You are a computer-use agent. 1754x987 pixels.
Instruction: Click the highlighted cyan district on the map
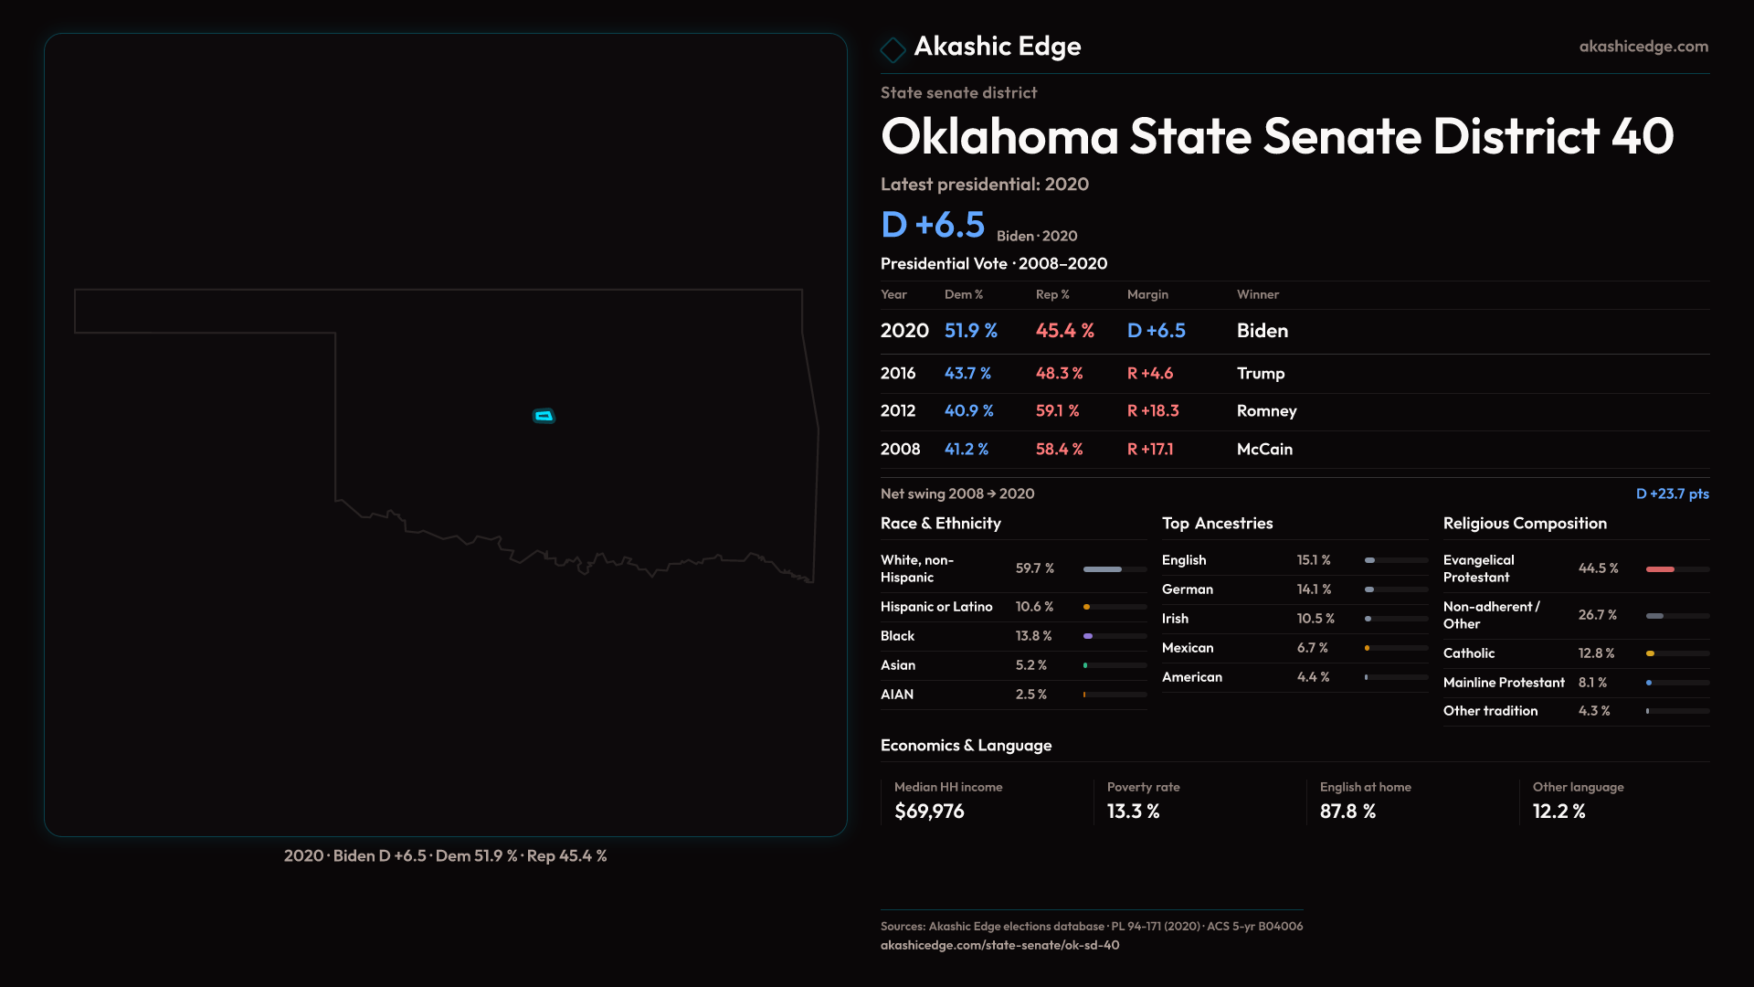point(544,416)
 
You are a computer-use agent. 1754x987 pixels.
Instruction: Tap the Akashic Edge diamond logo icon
point(893,49)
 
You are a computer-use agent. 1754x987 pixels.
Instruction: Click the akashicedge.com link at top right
point(1643,47)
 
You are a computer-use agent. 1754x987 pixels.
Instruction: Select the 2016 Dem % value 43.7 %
point(967,374)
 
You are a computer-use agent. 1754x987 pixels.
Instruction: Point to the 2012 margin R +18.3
point(1153,411)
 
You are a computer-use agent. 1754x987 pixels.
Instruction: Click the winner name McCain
point(1264,450)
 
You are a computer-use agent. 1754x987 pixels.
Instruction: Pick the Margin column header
point(1147,294)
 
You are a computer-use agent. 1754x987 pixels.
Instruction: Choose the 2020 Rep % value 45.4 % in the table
point(1064,331)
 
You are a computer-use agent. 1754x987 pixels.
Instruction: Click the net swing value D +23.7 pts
point(1672,493)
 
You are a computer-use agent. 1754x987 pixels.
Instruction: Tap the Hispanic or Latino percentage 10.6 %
point(1034,607)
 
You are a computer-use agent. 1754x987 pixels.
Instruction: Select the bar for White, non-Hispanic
point(1103,569)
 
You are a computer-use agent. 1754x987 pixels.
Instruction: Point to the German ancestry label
point(1188,589)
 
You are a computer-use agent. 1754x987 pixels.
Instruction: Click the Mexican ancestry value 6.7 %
point(1313,648)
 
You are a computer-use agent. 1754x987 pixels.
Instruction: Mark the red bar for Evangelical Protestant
point(1660,569)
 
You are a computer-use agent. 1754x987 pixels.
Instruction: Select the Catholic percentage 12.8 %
point(1596,653)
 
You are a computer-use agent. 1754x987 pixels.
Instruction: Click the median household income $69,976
point(929,812)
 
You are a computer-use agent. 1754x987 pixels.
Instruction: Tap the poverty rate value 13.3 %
point(1133,812)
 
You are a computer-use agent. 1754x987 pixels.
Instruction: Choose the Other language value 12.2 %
point(1559,812)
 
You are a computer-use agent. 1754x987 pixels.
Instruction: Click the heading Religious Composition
point(1525,524)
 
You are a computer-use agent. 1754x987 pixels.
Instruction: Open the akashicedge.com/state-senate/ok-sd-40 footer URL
point(999,946)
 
